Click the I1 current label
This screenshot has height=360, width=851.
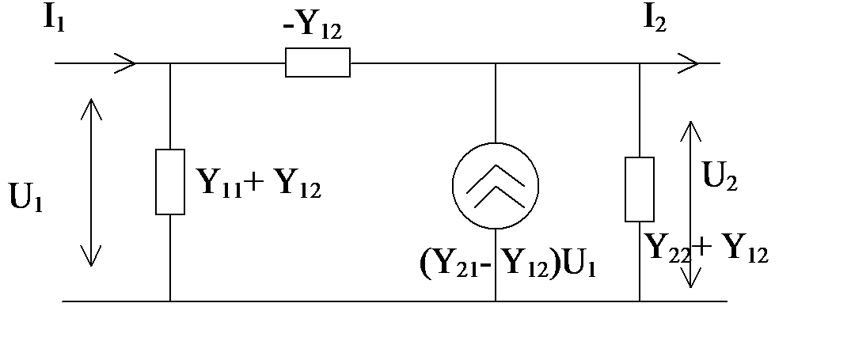[55, 20]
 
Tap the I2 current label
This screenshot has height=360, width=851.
[655, 20]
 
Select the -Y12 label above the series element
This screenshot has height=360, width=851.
[313, 27]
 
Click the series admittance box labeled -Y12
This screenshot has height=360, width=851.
[317, 63]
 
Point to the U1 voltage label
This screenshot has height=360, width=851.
[26, 197]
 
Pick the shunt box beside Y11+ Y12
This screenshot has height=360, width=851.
[170, 182]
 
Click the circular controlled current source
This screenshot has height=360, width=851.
[496, 185]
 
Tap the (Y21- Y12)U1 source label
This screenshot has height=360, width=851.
[508, 265]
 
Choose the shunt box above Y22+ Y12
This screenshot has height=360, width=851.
[640, 189]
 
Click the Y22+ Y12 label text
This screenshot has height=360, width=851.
[706, 249]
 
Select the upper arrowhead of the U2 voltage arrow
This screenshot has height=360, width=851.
[690, 131]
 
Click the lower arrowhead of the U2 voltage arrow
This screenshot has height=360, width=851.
[690, 277]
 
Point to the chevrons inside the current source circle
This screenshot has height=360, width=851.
[496, 186]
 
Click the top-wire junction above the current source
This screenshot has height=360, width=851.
[496, 63]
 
